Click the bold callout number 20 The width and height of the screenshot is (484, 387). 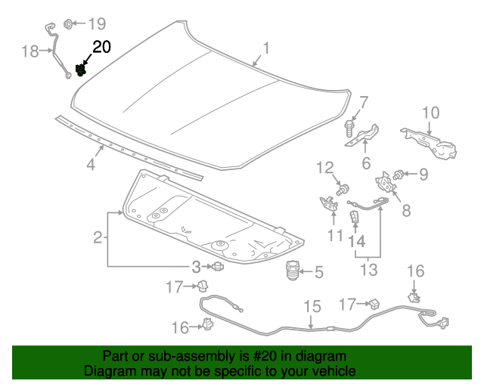coord(101,47)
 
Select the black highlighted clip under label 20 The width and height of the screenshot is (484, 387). coord(81,71)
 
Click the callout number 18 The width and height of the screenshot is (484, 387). coord(29,51)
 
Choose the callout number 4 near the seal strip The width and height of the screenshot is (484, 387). coord(90,164)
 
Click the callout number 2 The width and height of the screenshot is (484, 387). coord(98,238)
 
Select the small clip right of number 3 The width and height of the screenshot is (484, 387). coord(217,266)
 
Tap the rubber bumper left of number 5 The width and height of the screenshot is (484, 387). coord(291,271)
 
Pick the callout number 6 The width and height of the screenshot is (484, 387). coord(365,163)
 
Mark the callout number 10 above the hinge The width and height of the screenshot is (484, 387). coord(430,113)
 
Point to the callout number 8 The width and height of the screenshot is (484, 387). coord(406,210)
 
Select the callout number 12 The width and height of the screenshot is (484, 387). coord(324,167)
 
